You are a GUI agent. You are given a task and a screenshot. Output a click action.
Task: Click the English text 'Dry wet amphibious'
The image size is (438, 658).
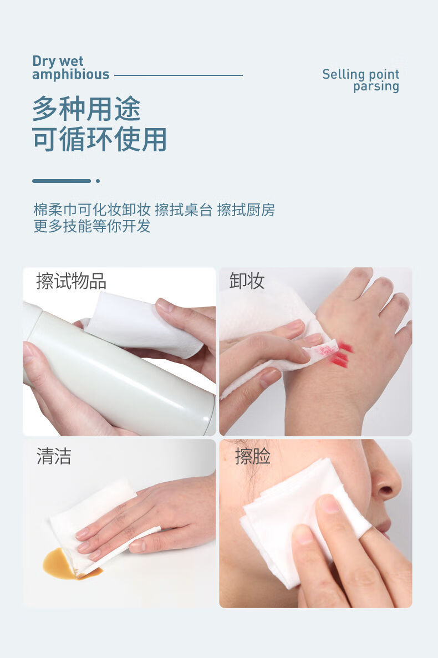tap(70, 68)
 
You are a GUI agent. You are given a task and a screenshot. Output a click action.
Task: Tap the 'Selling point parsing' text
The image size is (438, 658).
tap(361, 80)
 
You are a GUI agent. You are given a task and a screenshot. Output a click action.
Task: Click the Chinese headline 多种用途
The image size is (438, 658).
tap(86, 108)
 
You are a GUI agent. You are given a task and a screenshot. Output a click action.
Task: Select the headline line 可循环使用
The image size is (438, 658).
tap(99, 139)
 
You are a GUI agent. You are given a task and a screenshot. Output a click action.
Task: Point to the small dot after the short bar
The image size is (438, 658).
tap(98, 181)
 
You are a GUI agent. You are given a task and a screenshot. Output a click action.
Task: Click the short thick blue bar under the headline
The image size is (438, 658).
tap(61, 181)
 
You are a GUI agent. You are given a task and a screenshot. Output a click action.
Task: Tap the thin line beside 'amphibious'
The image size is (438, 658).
tap(178, 75)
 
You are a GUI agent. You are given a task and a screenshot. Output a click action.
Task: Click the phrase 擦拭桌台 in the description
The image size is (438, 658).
tap(184, 210)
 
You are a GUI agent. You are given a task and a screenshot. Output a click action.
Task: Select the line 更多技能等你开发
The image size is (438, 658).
tap(92, 226)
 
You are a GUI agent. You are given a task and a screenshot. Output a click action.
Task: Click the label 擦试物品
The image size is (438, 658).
tap(71, 282)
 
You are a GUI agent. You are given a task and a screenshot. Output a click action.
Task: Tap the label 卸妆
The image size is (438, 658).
tap(247, 282)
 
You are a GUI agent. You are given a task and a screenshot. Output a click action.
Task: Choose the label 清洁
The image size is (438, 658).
tap(54, 457)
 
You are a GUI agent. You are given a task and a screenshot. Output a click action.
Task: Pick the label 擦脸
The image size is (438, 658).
tap(253, 457)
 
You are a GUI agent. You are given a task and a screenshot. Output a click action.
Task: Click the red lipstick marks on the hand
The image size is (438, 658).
tap(341, 355)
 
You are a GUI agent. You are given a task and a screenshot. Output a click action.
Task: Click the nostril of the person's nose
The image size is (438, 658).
tap(386, 491)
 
